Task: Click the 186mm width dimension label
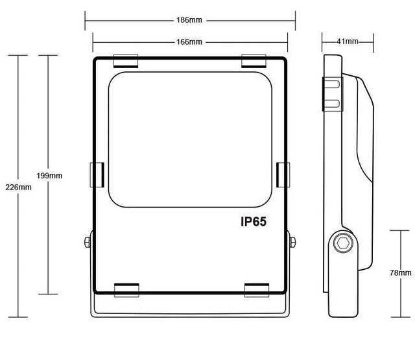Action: click(189, 19)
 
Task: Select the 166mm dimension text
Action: click(189, 42)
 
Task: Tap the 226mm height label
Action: click(18, 187)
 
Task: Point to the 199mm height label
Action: click(50, 175)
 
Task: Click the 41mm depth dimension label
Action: click(348, 42)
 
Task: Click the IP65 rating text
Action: click(254, 222)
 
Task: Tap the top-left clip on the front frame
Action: click(126, 61)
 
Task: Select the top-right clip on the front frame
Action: click(254, 61)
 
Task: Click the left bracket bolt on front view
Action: click(88, 243)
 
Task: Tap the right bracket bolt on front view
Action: click(292, 243)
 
